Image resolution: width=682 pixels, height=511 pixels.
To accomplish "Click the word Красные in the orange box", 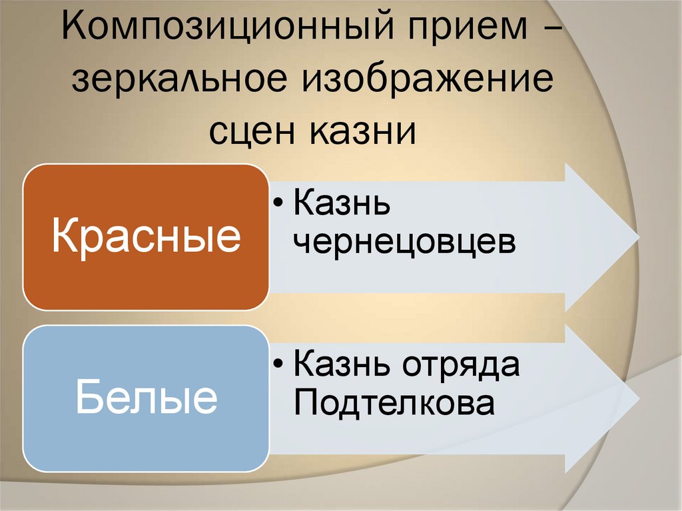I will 146,237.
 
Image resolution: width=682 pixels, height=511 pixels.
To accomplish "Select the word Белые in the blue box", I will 146,398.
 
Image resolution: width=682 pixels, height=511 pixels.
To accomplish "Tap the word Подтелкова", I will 394,402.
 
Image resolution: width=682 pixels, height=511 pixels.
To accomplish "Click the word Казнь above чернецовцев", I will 341,205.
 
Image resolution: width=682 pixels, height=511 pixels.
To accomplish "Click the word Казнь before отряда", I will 341,364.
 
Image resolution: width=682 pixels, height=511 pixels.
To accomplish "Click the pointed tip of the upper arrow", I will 637,238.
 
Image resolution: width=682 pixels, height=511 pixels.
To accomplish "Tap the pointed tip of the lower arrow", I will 637,399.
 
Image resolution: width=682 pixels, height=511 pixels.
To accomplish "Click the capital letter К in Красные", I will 65,237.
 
